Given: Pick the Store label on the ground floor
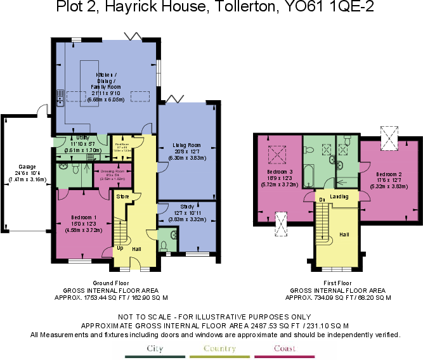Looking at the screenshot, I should [123, 197].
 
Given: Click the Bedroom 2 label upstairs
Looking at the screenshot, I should [389, 174].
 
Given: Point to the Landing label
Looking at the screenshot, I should [340, 196].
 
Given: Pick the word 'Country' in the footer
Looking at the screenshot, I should [219, 348].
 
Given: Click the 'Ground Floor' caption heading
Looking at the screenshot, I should [112, 283].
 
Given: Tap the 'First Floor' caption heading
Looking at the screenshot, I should [337, 283].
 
